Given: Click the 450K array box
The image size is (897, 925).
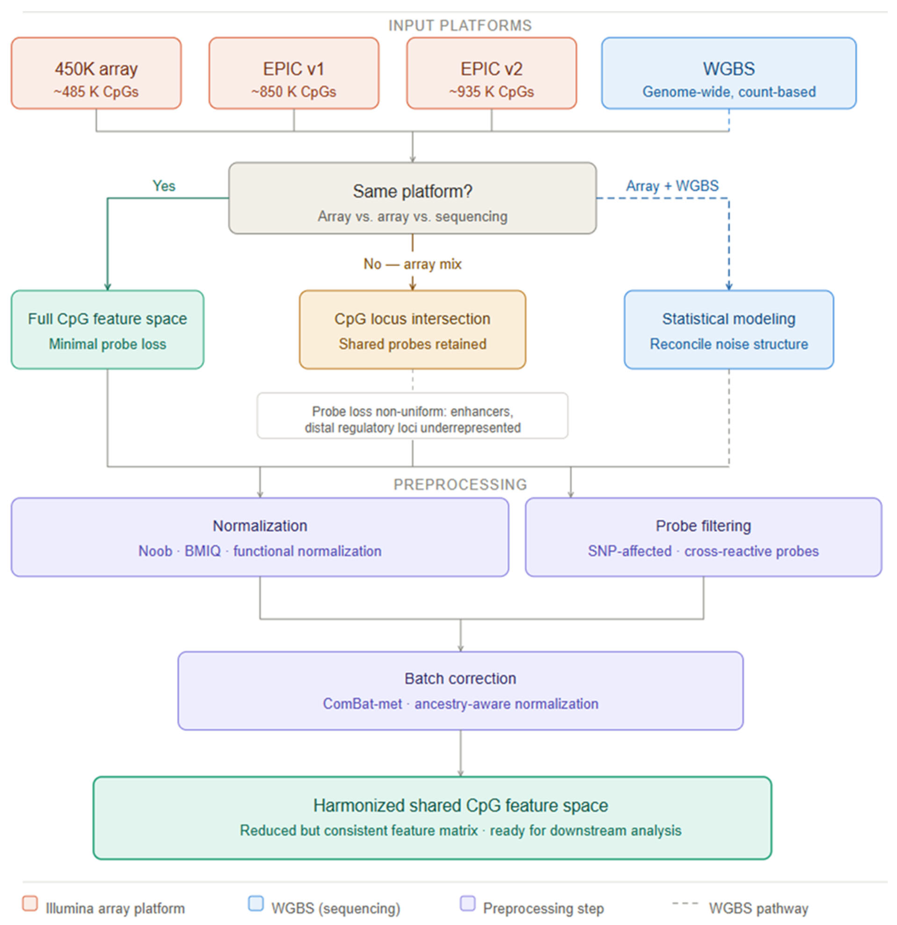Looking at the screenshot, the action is pos(96,73).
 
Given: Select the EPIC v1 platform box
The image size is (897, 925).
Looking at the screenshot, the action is pos(294,73).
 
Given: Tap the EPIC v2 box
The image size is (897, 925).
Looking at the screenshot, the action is pos(491,73).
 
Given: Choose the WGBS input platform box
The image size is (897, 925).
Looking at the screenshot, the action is pos(729,73).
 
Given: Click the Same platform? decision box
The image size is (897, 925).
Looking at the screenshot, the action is pos(413,198).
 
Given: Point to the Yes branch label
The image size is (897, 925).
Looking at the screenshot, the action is pos(164,186).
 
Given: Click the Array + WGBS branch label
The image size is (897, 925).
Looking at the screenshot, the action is pos(672,186).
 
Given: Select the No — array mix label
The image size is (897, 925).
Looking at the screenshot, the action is pos(413,264).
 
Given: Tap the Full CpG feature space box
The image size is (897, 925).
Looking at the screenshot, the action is pos(107,329).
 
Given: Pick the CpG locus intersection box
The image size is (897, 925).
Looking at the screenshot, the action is pos(413,329).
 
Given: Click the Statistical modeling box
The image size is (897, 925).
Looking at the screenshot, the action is pos(729,329).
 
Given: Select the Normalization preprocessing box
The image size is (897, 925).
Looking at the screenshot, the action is pos(260,537).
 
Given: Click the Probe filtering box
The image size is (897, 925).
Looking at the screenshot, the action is pos(703,537).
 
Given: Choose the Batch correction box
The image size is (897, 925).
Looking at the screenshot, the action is pos(460,690).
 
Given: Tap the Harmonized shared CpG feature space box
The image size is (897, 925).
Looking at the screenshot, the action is pos(432,818).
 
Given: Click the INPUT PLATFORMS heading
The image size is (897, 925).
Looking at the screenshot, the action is pos(460,26).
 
